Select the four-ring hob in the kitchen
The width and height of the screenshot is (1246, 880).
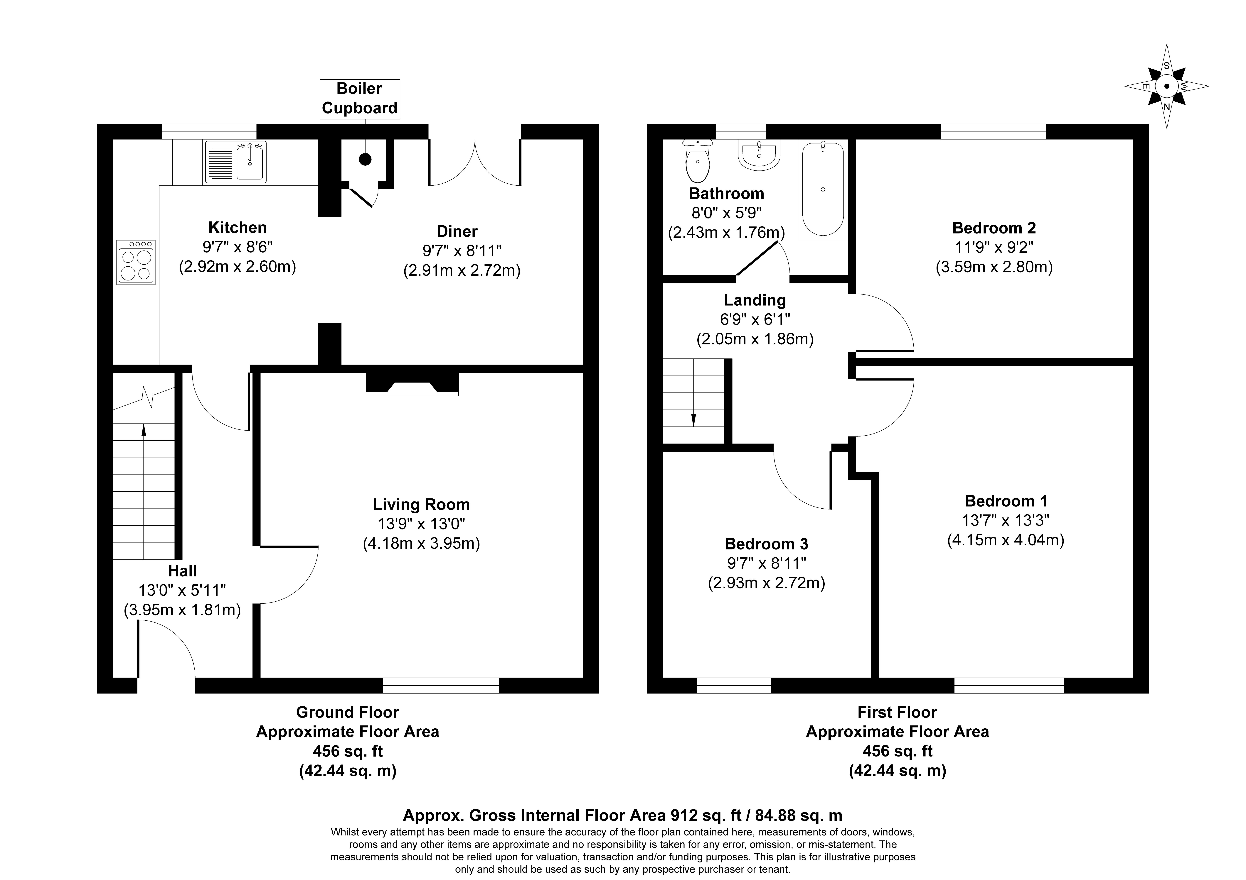(x=136, y=262)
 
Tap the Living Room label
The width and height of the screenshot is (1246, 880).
(x=421, y=505)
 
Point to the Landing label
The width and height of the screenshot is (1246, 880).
(x=754, y=300)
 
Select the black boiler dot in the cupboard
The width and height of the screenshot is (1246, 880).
(x=365, y=159)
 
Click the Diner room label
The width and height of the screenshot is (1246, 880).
(x=457, y=232)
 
